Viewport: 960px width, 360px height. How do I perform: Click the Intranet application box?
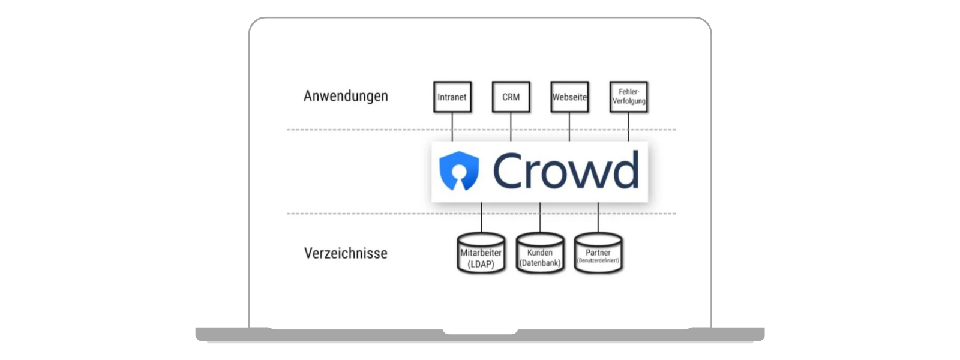coord(452,97)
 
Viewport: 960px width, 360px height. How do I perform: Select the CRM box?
coord(511,97)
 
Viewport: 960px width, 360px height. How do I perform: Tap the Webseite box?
coord(569,97)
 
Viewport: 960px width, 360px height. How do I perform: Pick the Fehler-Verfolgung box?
coord(628,97)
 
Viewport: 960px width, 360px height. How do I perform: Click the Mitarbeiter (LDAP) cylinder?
coord(481,254)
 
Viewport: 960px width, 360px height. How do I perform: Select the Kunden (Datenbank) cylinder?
coord(539,254)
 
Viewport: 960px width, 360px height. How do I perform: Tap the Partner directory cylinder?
coord(598,254)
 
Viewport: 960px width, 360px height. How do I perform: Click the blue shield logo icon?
coord(459,171)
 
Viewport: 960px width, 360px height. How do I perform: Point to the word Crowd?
coord(565,171)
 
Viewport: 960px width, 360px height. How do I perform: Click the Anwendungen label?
coord(346,96)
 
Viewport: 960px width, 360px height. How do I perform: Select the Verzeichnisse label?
coord(346,253)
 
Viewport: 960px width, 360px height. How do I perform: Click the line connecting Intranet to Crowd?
coord(452,127)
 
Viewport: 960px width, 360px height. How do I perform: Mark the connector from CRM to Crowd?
coord(511,127)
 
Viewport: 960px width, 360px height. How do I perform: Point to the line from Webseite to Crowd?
coord(569,127)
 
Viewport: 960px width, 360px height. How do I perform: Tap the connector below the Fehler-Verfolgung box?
coord(628,127)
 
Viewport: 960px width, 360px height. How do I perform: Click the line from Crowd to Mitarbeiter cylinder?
coord(481,218)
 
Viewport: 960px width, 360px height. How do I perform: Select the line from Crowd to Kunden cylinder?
coord(539,218)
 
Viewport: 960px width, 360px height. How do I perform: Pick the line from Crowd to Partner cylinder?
coord(598,218)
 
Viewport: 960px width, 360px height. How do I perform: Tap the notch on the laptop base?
coord(480,331)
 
